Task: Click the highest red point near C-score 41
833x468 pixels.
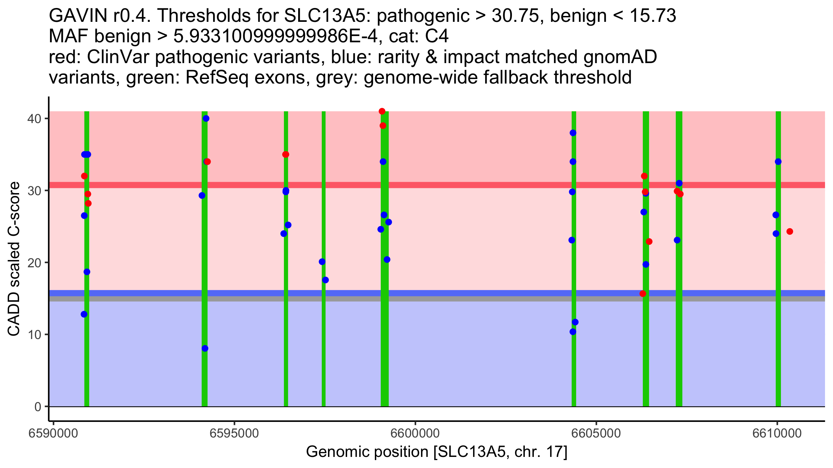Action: (382, 111)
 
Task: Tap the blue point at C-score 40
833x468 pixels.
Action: (206, 119)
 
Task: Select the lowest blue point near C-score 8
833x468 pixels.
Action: (205, 348)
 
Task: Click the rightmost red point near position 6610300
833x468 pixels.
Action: (790, 232)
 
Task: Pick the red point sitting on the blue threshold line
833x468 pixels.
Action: (643, 294)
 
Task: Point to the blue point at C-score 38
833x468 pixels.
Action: (573, 133)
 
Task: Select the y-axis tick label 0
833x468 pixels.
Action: (37, 407)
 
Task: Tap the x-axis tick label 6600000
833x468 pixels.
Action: (415, 434)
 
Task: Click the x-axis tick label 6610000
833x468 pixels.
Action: (777, 434)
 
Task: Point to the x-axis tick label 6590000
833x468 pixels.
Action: (53, 434)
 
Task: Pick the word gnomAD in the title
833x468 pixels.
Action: (620, 57)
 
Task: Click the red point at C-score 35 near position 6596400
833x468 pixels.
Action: (286, 154)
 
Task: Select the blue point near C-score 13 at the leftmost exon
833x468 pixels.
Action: (84, 314)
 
